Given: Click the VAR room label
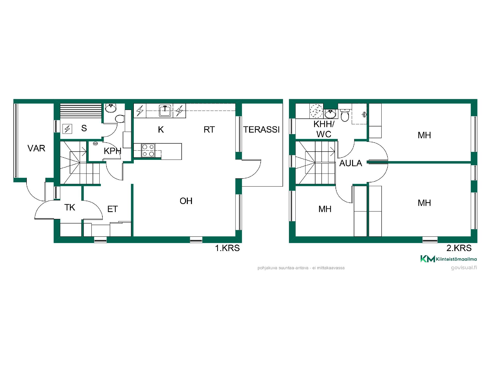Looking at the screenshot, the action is [x=36, y=148].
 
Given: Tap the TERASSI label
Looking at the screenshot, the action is [x=261, y=129].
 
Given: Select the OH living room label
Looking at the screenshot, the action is [x=186, y=201].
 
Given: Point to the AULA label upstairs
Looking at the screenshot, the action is [x=351, y=163].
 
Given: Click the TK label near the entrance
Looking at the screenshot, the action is [x=70, y=207].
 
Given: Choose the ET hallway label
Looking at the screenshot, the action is [x=112, y=209].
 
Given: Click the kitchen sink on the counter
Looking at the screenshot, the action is [x=165, y=111].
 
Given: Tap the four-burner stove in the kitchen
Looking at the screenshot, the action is [x=148, y=150].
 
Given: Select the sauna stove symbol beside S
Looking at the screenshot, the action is [x=68, y=128].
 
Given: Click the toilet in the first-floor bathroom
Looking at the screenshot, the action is [x=120, y=119].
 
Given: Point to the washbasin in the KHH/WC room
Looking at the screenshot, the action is [x=330, y=113].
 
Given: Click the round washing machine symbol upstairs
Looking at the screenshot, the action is [x=316, y=111].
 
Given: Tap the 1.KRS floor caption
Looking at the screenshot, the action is [x=227, y=248].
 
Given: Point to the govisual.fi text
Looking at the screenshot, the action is [x=464, y=268].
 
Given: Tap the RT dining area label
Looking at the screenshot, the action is [x=209, y=130].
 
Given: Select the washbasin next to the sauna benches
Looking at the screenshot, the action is [x=111, y=108].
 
